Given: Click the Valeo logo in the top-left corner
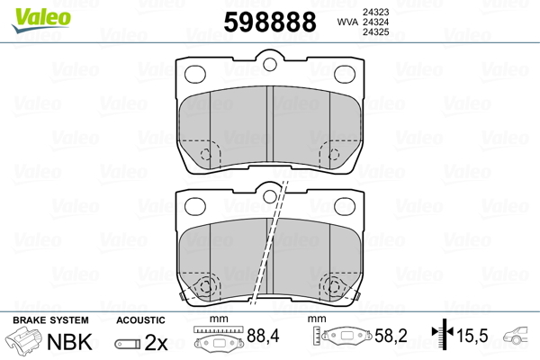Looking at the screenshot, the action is coord(41,20).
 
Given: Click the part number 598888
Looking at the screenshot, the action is coord(270,22).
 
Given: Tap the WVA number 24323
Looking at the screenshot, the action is coord(375,12).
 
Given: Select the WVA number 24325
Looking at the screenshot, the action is coord(375,32).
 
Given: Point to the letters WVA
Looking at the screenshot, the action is coord(347,22).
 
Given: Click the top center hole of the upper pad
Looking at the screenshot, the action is coord(270,64).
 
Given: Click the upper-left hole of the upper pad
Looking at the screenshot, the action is coord(195,74).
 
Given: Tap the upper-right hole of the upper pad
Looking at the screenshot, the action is coord(345,74).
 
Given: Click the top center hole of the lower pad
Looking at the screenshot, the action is coord(270,196).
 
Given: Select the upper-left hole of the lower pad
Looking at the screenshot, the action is coord(195,206).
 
